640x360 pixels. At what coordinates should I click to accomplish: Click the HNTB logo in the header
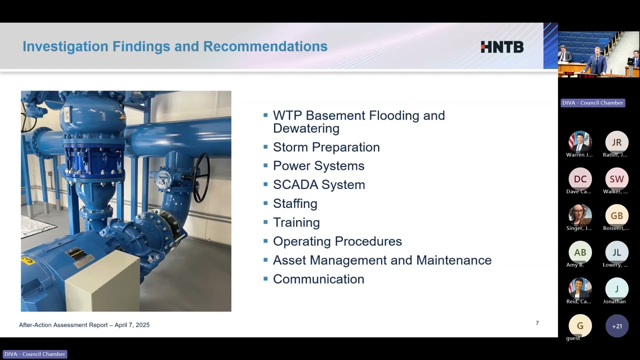coord(502,47)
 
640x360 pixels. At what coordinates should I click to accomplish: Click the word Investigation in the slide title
coord(65,46)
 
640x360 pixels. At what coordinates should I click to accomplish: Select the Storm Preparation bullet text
coord(326,147)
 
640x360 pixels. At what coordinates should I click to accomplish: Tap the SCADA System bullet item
coord(319,184)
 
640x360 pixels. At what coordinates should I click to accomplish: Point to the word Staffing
coord(295,203)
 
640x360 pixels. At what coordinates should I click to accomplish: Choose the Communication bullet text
coord(318,279)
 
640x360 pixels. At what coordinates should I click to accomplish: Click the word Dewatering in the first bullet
coord(306,128)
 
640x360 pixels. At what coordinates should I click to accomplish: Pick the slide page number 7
coord(537,323)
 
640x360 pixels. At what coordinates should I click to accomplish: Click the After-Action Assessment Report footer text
coord(84,325)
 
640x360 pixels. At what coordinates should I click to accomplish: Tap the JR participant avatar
coord(616,142)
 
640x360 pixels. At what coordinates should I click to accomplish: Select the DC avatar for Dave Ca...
coord(580,179)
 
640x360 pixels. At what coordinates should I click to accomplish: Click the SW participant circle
coord(616,179)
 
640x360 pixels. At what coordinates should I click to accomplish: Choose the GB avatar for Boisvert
coord(616,215)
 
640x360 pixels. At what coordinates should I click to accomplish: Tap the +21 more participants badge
coord(617,326)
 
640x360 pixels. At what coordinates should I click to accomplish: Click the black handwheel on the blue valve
coord(201,177)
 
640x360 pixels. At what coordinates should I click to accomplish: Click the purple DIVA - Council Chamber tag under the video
coord(593,103)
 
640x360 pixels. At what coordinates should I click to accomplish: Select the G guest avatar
coord(580,325)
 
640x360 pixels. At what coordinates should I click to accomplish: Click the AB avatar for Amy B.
coord(580,252)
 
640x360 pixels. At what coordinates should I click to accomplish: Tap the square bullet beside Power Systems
coord(265,165)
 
